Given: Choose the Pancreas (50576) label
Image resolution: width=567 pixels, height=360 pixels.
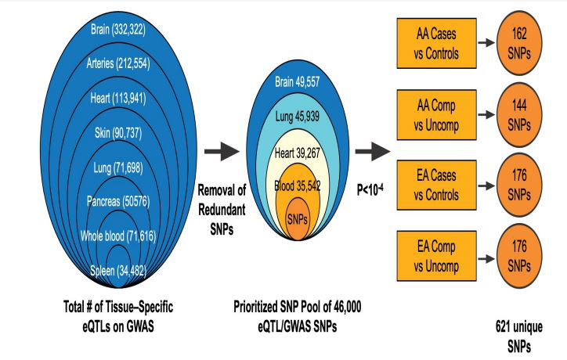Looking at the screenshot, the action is (118, 201).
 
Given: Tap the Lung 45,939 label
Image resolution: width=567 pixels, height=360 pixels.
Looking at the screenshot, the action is (298, 117).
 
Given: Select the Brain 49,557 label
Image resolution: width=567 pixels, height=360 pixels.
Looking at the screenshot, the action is (298, 82).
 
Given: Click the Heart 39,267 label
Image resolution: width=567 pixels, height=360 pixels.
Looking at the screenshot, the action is (298, 153).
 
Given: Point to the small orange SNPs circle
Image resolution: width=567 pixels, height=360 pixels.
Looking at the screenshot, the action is (298, 218).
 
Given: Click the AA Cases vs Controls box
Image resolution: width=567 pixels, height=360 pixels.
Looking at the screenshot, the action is (436, 43).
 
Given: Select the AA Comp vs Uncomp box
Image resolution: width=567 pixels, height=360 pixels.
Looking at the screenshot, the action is (436, 115).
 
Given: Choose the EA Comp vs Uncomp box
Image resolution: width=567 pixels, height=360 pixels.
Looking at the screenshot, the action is (436, 256).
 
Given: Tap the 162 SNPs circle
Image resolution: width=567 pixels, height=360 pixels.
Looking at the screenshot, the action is (519, 43).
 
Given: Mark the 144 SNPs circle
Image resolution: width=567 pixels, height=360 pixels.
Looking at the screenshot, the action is (519, 115).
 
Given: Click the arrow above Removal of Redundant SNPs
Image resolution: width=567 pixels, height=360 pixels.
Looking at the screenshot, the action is (222, 151).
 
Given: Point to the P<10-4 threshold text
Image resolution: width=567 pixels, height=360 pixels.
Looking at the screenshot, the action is (370, 189).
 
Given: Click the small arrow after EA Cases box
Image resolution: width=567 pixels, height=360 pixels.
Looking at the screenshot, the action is (486, 185).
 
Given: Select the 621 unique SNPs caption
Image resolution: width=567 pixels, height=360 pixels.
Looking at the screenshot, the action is (519, 337).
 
